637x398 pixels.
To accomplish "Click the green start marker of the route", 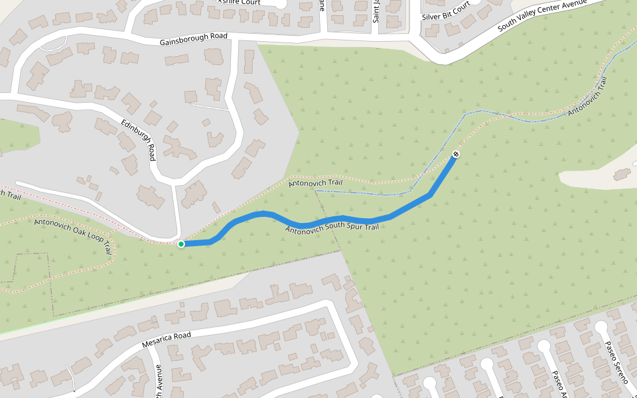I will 181,244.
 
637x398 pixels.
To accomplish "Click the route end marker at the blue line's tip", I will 456,155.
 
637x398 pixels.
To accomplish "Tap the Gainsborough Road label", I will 193,39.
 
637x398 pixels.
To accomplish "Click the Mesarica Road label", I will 167,340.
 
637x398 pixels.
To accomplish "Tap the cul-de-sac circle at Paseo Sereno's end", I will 601,327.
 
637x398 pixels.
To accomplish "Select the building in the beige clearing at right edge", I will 622,174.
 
